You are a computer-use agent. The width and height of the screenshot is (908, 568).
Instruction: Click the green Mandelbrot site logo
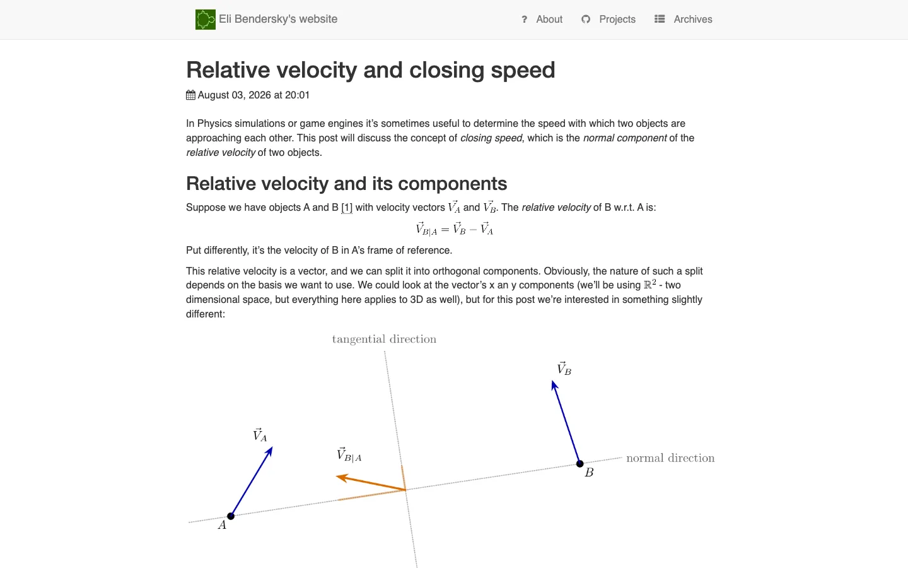coord(205,20)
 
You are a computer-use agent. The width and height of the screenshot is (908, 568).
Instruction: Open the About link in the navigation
coord(549,19)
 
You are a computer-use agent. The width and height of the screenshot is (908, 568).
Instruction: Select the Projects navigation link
coord(617,20)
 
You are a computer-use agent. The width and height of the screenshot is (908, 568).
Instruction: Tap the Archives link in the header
coord(693,19)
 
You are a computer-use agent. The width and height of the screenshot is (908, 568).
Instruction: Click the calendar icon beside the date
coord(190,95)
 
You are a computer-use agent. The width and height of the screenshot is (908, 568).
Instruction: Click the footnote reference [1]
coord(347,208)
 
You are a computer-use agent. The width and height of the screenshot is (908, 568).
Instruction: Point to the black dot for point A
coord(231,516)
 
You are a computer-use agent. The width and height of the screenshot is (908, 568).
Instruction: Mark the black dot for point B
coord(579,463)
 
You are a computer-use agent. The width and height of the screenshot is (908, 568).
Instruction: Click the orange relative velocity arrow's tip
coord(337,476)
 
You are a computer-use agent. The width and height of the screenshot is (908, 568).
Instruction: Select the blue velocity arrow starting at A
coord(252,481)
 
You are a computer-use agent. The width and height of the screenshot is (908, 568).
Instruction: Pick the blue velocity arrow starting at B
coord(566,422)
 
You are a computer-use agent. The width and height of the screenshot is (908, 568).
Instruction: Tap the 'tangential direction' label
coord(384,339)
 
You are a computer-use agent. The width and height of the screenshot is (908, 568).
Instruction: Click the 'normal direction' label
coord(670,458)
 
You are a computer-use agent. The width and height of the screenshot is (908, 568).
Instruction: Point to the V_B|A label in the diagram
coord(349,455)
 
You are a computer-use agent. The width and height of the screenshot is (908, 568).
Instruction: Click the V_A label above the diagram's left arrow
coord(260,435)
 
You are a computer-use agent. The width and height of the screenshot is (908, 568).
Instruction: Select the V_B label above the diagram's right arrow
coord(564,369)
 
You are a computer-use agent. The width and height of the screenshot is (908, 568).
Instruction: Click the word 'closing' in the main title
coord(446,71)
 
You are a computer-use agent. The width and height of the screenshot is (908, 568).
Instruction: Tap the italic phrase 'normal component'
coord(625,138)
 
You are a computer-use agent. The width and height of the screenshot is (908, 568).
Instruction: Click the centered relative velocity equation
coord(454,229)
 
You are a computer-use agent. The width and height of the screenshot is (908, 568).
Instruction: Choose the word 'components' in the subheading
coord(452,184)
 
